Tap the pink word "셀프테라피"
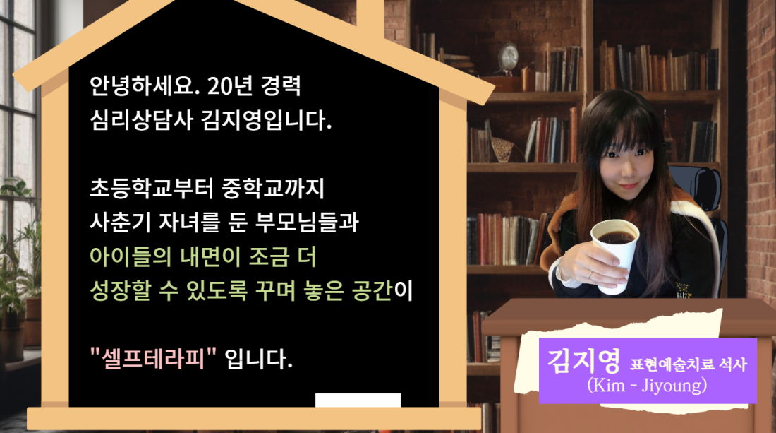point(154,358)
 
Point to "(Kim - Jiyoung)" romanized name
point(647,385)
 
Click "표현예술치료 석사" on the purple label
point(688,364)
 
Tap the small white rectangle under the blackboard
point(358,400)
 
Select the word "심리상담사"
point(141,120)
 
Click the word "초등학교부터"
point(152,189)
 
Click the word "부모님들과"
point(307,222)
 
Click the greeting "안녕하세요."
point(145,85)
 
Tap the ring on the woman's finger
point(590,273)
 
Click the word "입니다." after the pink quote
point(258,359)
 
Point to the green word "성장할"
point(120,290)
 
